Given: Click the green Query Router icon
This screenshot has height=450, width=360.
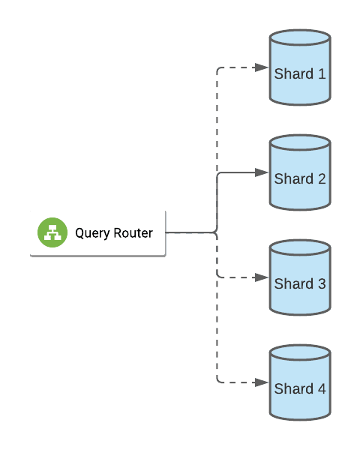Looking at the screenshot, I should (x=52, y=232).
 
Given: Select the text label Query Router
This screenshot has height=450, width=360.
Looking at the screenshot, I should (x=113, y=233).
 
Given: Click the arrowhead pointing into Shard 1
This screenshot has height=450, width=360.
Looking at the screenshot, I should (x=261, y=67).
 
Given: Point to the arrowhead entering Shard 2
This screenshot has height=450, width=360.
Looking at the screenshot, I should (x=261, y=172).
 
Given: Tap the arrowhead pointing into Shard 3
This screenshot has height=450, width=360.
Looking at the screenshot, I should (x=261, y=277).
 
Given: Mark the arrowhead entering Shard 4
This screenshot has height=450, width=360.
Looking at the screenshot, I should (x=261, y=382).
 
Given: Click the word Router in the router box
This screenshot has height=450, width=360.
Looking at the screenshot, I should (x=133, y=233).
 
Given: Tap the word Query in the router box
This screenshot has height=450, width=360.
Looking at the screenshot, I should (x=92, y=234).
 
